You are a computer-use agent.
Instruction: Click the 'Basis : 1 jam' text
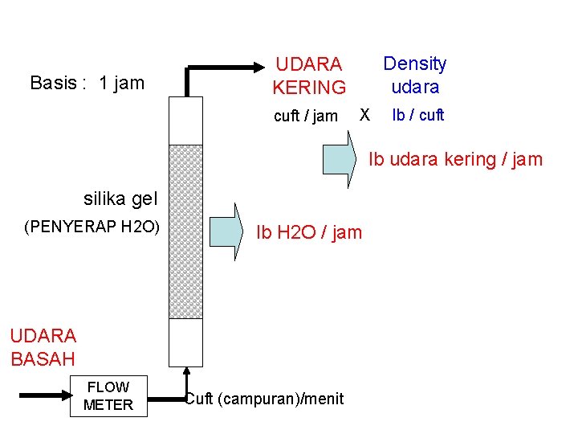click(x=87, y=83)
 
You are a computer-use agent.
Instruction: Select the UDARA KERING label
click(x=308, y=76)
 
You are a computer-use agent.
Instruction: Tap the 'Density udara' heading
click(x=414, y=75)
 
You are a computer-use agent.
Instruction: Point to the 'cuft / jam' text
click(x=306, y=116)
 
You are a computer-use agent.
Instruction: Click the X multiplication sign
click(x=364, y=115)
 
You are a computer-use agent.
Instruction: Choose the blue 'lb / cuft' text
click(x=417, y=115)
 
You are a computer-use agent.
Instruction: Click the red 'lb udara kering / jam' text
click(x=455, y=159)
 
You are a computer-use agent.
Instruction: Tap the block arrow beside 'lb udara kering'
click(x=338, y=159)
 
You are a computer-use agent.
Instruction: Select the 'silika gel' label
click(x=120, y=199)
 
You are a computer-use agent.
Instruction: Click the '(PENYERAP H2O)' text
click(x=92, y=227)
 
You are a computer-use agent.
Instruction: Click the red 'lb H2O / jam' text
click(x=309, y=233)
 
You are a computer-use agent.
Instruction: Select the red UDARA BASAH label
click(x=43, y=347)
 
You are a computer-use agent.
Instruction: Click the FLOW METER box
click(x=108, y=395)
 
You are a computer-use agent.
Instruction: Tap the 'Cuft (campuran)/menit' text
click(x=264, y=399)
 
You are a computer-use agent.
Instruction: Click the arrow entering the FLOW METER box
click(x=44, y=395)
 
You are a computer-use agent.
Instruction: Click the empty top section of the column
click(x=185, y=121)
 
